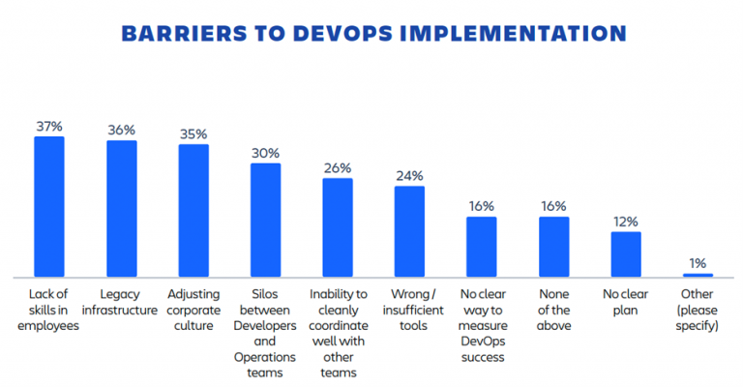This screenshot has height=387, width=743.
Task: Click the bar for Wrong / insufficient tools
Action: [409, 231]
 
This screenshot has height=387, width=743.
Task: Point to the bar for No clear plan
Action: [626, 254]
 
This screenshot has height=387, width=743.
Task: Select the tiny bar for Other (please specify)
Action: [698, 275]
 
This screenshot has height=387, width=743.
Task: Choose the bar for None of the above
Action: [553, 247]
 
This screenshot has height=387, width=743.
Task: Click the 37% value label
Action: [49, 126]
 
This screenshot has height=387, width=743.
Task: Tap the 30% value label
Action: [265, 153]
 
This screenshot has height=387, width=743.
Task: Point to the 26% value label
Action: [338, 167]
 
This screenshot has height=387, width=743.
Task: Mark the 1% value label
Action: [698, 262]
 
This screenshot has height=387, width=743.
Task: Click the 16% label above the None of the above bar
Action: [553, 206]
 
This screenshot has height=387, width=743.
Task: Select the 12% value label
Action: [626, 221]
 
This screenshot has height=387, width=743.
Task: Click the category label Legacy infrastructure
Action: [121, 302]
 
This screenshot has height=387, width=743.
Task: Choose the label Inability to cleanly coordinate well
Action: [338, 333]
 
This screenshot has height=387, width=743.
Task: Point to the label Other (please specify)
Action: [698, 310]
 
